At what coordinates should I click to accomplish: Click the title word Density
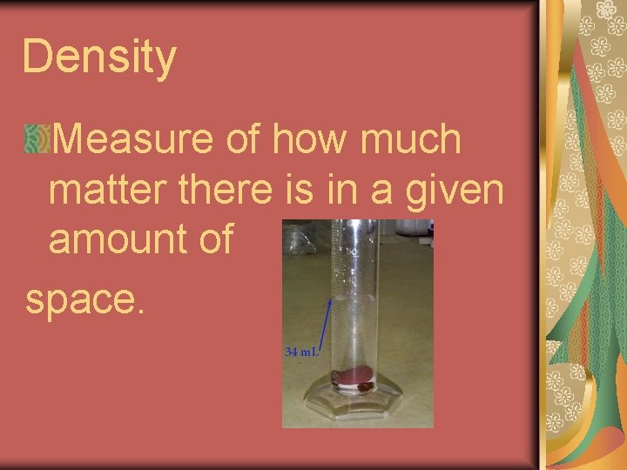[x=98, y=58]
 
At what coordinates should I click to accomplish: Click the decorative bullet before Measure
[x=37, y=139]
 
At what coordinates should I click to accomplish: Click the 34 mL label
[x=302, y=352]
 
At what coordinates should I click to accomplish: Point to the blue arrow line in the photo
[x=327, y=322]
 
